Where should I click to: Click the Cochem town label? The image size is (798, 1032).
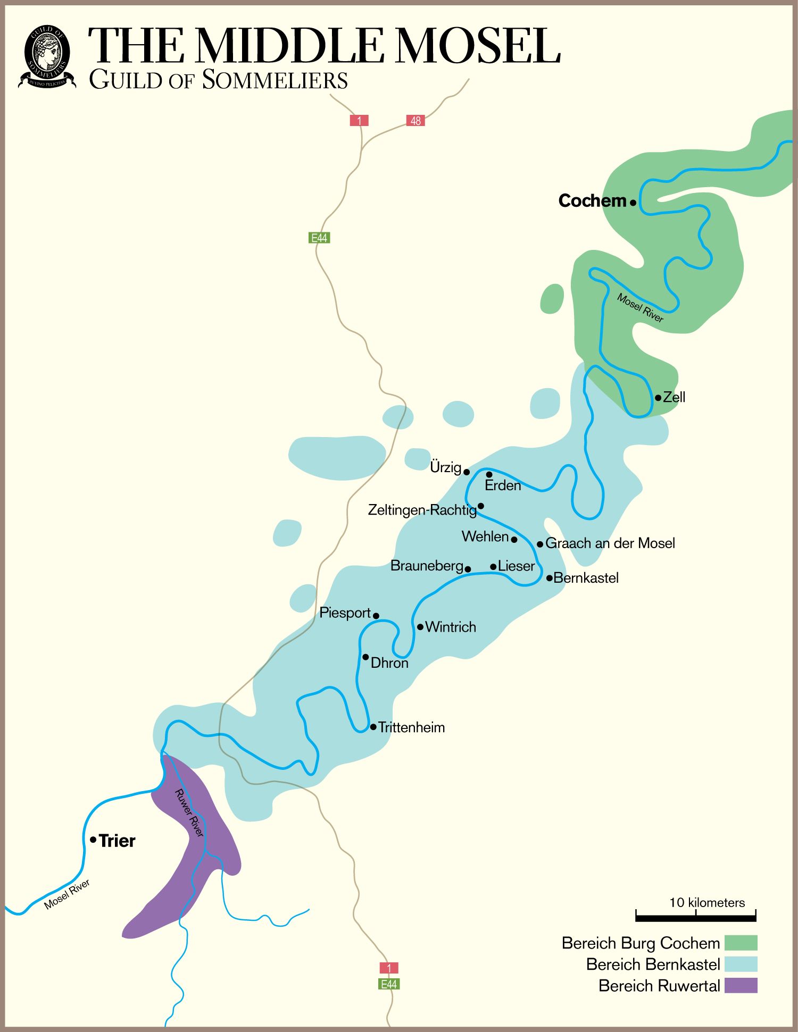pos(592,201)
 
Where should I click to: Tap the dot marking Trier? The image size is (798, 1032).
pos(93,840)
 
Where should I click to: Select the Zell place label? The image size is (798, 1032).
pos(674,397)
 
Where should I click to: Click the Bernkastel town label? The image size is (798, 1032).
pos(586,578)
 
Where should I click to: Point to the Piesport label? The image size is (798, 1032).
pos(345,613)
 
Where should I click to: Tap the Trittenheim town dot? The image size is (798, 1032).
pos(373,727)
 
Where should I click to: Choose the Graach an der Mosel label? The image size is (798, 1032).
pos(610,543)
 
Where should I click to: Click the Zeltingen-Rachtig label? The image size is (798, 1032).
pos(422,510)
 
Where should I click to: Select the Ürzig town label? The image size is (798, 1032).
pos(445,467)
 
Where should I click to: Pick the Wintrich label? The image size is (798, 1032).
pos(451,627)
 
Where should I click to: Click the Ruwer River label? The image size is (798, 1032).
pos(189,813)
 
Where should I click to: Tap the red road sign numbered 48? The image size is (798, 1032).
pos(415,121)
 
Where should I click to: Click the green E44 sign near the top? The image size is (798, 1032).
pos(319,238)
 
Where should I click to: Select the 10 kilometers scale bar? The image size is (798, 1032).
pos(696,916)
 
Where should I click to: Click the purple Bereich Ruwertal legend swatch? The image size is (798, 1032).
pos(741,985)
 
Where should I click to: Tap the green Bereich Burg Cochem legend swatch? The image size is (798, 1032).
pos(741,943)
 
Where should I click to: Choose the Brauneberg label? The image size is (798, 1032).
pos(427,566)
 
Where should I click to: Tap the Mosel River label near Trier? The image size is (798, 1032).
pos(67,894)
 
